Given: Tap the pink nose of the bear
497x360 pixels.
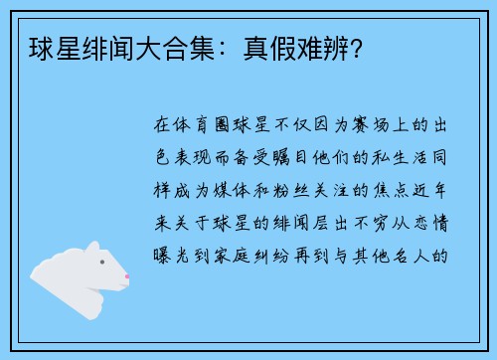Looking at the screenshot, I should pyautogui.click(x=126, y=276).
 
